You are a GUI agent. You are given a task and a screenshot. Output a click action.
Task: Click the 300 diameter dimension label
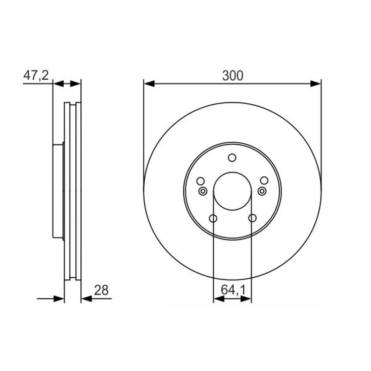coord(233,76)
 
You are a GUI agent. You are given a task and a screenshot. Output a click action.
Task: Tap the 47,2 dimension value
coord(36,75)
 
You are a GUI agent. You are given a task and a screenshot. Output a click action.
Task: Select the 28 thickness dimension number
coord(101,290)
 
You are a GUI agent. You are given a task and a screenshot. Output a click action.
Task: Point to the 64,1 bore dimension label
coord(233,290)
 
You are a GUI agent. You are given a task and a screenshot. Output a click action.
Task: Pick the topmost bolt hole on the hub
coord(232,158)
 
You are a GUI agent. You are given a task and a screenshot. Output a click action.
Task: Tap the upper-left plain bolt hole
coord(200,181)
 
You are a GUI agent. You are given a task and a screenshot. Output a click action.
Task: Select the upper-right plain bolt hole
coord(264,180)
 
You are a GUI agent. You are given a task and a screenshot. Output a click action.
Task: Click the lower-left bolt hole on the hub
coord(213,218)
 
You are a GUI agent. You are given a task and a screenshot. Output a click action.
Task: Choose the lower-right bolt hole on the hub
coord(252,218)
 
